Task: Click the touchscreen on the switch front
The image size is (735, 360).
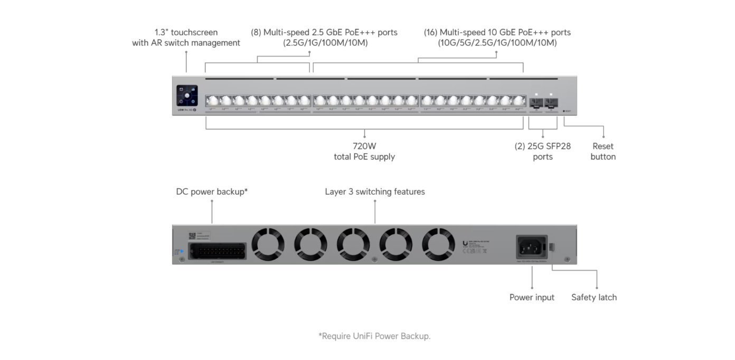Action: pyautogui.click(x=187, y=96)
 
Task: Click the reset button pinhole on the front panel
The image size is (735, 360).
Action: pyautogui.click(x=564, y=111)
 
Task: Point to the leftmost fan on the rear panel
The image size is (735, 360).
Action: pyautogui.click(x=268, y=244)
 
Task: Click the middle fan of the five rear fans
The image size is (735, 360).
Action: pyautogui.click(x=353, y=244)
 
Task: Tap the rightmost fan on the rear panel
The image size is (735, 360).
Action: pyautogui.click(x=438, y=244)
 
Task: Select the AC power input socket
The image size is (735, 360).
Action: pyautogui.click(x=531, y=247)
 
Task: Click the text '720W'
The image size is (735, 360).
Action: pyautogui.click(x=364, y=146)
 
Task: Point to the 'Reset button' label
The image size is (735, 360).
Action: pyautogui.click(x=603, y=151)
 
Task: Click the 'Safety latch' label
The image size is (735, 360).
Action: pyautogui.click(x=593, y=297)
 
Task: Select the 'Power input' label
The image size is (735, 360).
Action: pyautogui.click(x=532, y=297)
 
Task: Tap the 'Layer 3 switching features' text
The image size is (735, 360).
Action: pyautogui.click(x=375, y=192)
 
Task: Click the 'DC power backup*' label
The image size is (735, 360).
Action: pyautogui.click(x=212, y=192)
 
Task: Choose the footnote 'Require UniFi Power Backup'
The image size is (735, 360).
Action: pyautogui.click(x=374, y=336)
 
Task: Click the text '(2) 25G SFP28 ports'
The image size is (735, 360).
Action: pyautogui.click(x=543, y=151)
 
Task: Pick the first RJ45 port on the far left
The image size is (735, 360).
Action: pyautogui.click(x=212, y=101)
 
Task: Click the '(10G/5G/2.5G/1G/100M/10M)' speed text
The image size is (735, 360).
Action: pyautogui.click(x=497, y=43)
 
